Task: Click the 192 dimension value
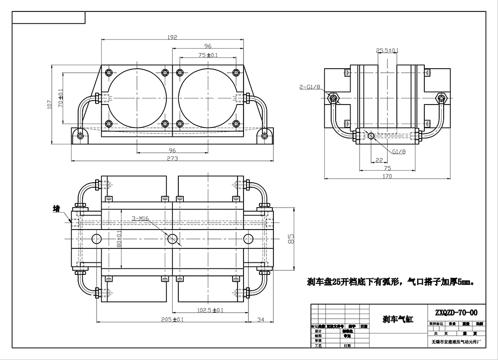[172, 37]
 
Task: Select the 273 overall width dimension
[172, 158]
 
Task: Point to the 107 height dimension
[50, 105]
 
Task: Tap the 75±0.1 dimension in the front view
[208, 55]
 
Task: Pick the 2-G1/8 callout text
[309, 87]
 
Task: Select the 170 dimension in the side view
[387, 176]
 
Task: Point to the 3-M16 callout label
[141, 218]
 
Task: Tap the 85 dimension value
[292, 239]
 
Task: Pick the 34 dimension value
[259, 319]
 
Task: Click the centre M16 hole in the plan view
[173, 239]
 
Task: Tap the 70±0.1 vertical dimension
[61, 98]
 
